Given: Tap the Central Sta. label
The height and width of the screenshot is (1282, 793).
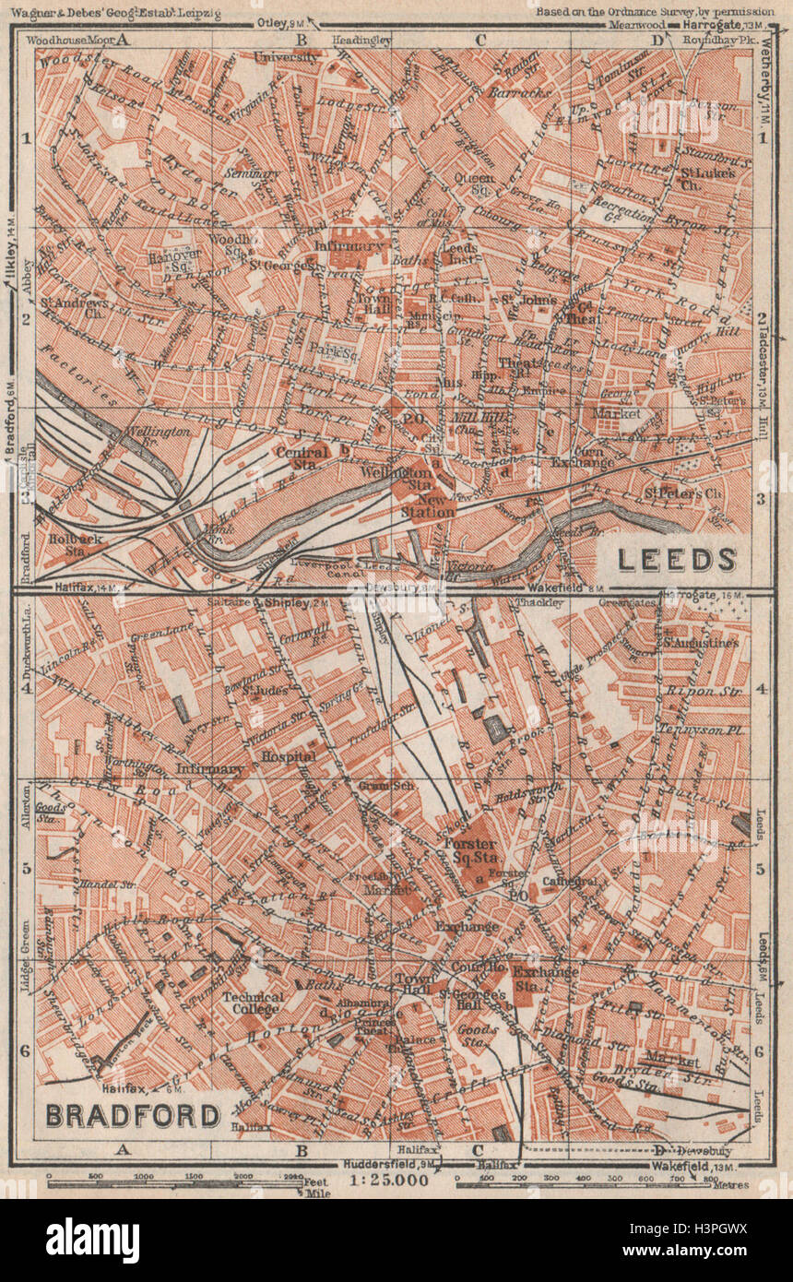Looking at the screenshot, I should pos(302,457).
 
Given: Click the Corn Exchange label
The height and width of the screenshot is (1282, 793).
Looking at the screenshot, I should pos(582,455).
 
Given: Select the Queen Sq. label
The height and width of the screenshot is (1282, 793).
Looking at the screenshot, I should pos(481,184).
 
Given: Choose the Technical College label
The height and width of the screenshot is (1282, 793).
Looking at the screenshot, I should pos(253,1003).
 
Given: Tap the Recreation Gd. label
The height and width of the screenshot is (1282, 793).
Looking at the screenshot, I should pos(624,209).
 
